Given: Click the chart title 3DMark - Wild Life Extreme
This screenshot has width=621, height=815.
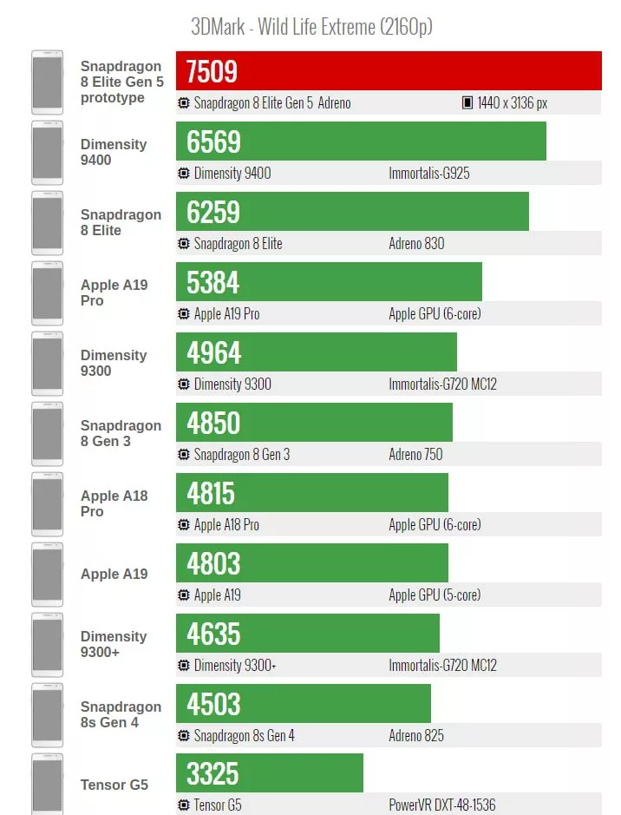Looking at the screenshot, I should coord(311,26).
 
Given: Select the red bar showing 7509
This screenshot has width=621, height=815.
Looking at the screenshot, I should coord(389,70).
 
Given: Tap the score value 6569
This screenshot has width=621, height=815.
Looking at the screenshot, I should coord(213,141).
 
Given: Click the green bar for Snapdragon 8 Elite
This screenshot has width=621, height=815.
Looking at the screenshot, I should coord(352,212).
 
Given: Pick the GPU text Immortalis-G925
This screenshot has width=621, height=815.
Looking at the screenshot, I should coord(429,173).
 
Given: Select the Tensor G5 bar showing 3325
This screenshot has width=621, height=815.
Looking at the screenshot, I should coord(269,772).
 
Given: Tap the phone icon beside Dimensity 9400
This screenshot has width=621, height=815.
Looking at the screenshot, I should coord(47,153).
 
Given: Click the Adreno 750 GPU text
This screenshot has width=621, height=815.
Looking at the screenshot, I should coord(415,454).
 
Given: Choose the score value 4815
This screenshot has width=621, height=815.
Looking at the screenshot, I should coord(211,493).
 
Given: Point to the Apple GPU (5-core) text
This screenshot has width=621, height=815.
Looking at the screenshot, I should coord(435,595).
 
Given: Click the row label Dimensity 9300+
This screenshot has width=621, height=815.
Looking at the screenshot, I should coord(114,644).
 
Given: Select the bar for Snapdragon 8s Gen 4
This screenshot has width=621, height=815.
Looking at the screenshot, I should coord(303,703).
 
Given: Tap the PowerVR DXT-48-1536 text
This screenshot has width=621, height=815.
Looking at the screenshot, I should coord(442,805).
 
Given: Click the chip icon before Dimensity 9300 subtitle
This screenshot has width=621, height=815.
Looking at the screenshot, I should coord(183,384).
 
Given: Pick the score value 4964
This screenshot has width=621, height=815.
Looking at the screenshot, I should coord(213,352).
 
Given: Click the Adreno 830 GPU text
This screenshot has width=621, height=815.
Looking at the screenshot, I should coord(416,243).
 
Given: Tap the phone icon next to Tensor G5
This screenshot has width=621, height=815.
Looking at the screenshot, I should coord(47,784).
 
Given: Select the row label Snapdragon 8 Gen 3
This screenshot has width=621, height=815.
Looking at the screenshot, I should coord(121,433).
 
